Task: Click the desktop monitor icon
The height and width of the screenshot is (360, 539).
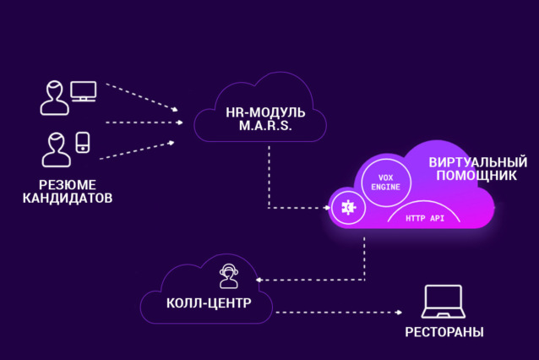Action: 84,91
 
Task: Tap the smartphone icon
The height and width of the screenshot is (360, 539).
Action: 83,141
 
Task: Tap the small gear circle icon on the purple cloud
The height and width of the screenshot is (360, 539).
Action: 347,207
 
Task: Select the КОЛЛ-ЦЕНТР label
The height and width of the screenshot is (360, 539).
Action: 208,303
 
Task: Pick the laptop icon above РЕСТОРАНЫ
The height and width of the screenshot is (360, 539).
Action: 442,302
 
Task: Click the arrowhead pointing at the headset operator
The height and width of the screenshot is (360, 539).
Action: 259,280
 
